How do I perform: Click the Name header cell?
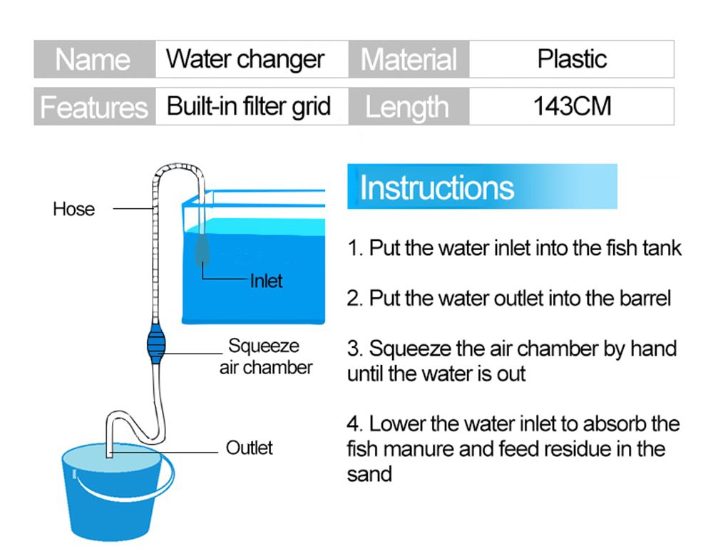(x=94, y=59)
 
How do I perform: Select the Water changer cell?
(x=246, y=59)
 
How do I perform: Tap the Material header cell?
(x=409, y=59)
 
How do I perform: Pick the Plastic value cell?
(x=571, y=59)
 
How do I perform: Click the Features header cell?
(x=94, y=107)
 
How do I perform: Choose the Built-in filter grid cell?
(x=249, y=107)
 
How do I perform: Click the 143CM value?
(x=571, y=107)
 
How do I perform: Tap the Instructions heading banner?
(x=482, y=187)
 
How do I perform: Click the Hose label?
(x=73, y=209)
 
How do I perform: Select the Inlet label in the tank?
(x=266, y=281)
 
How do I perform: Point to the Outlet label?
(x=249, y=448)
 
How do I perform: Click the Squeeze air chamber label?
(x=265, y=357)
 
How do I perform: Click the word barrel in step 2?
(x=645, y=298)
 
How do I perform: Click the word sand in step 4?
(x=369, y=474)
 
